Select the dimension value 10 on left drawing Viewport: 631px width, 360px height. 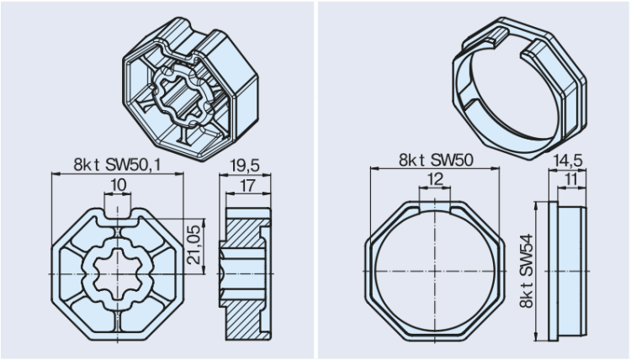click(117, 184)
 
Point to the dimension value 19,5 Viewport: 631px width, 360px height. click(244, 165)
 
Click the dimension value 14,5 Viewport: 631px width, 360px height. click(567, 157)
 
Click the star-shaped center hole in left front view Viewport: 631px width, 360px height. click(117, 273)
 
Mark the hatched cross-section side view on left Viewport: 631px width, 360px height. click(246, 273)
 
